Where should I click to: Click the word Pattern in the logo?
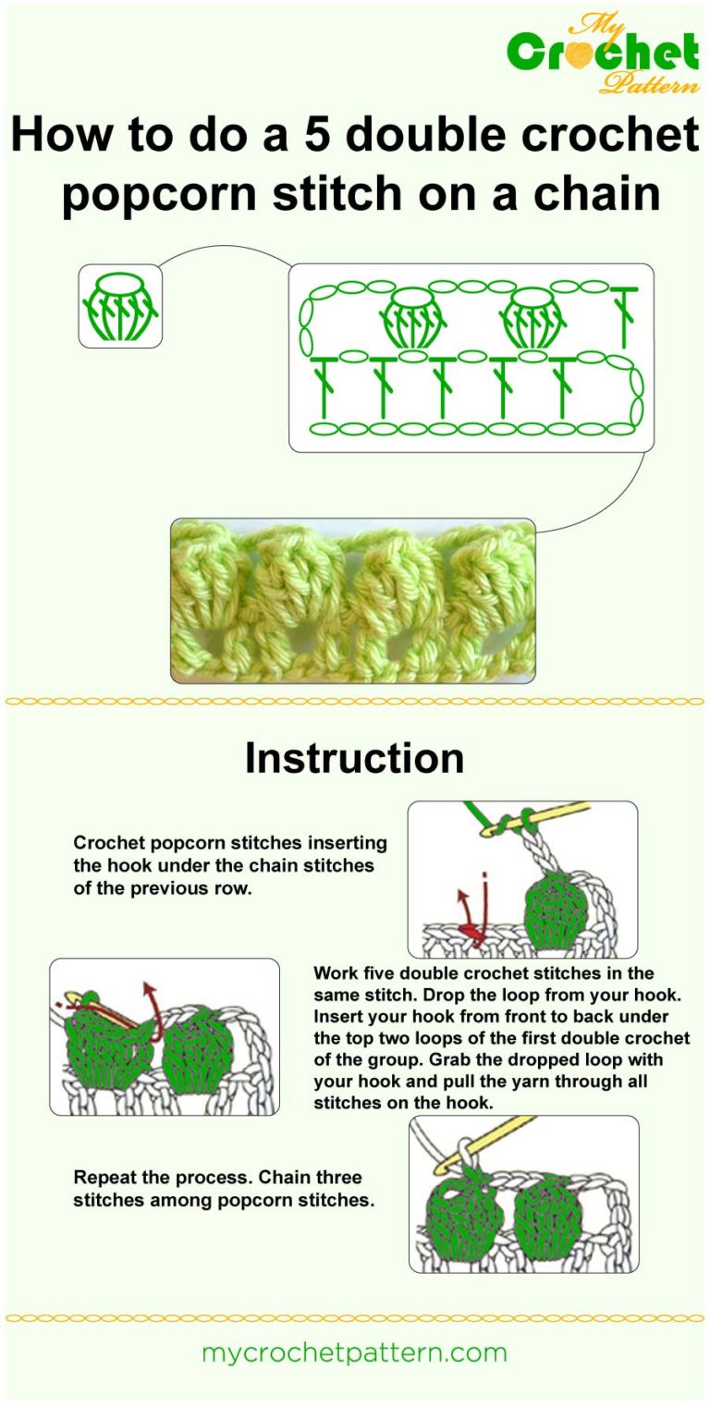click(649, 85)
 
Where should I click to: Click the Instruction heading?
click(354, 758)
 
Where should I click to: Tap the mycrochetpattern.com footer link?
click(354, 1352)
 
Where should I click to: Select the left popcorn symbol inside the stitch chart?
click(413, 317)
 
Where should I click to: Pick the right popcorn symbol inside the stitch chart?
click(532, 317)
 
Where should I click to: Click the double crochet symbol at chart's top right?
click(626, 317)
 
